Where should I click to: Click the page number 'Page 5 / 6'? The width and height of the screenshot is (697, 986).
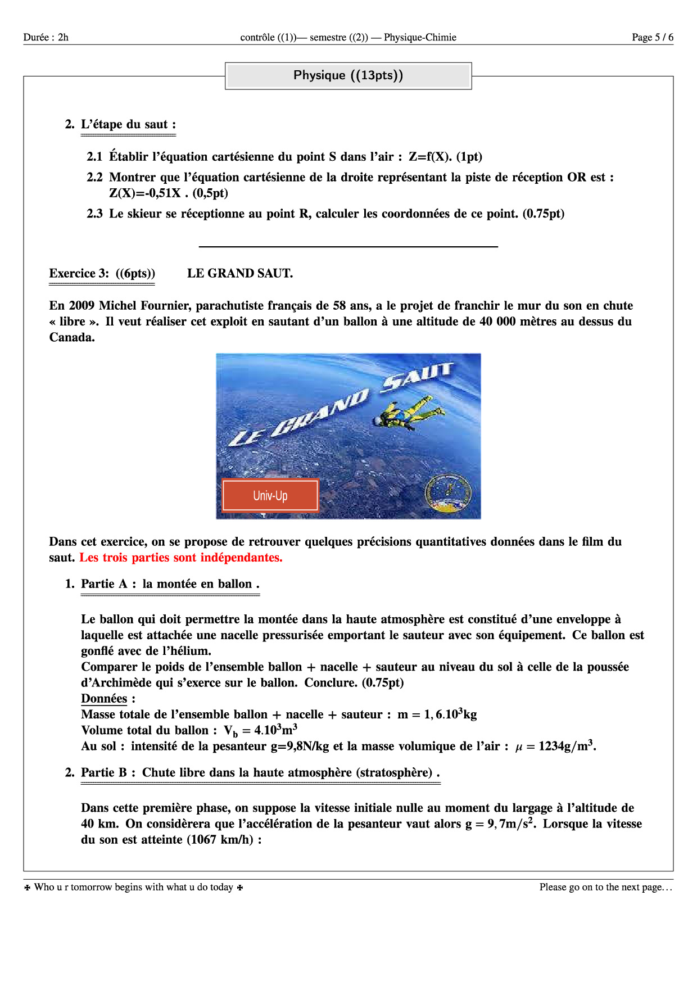click(652, 38)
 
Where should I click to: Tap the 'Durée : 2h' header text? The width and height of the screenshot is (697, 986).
click(46, 38)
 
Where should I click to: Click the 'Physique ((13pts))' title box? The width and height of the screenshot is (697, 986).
click(348, 76)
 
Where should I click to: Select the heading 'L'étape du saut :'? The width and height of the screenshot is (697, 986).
click(128, 125)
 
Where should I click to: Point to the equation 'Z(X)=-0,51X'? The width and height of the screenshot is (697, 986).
click(145, 193)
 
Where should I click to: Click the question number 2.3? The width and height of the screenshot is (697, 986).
click(94, 214)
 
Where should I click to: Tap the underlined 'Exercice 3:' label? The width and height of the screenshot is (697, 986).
click(79, 274)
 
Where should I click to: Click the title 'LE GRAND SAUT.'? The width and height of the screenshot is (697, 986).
click(240, 274)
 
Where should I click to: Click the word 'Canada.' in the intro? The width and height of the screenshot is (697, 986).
click(72, 338)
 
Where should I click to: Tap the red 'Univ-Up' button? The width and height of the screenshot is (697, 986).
click(270, 495)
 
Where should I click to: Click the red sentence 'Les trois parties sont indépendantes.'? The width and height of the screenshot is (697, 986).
click(181, 558)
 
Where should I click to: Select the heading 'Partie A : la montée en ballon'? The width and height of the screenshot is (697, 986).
click(170, 584)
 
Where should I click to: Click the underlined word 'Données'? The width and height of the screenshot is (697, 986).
click(104, 699)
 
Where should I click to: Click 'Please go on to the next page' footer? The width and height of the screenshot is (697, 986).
click(605, 887)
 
